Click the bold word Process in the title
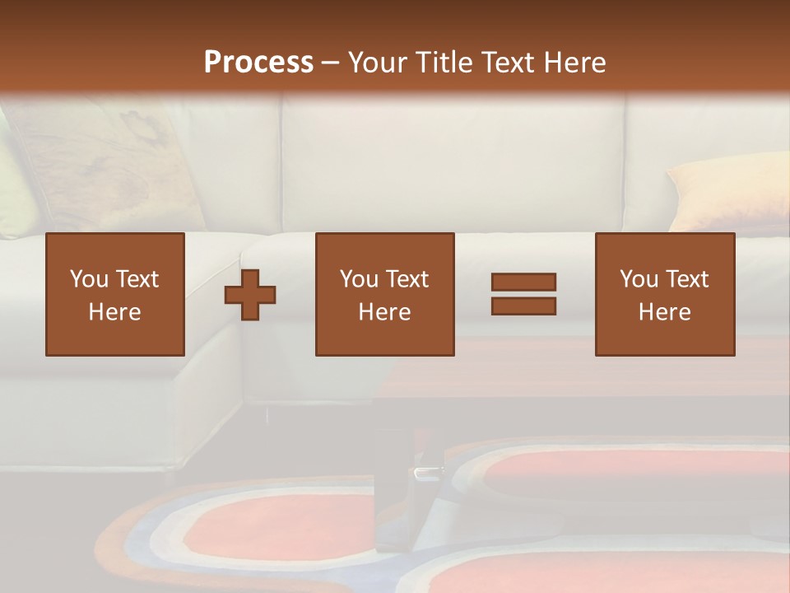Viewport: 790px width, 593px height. (x=258, y=63)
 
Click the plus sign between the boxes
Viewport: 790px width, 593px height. (x=250, y=294)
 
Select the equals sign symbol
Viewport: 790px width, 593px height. (x=523, y=294)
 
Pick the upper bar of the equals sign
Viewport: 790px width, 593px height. (x=523, y=282)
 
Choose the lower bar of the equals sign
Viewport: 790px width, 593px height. (x=523, y=306)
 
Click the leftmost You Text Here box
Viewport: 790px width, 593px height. (x=115, y=294)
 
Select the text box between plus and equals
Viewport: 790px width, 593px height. (x=385, y=294)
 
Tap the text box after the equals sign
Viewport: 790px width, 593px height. (x=665, y=294)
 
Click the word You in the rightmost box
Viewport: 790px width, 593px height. (x=639, y=279)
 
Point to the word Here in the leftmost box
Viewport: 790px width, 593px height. (x=114, y=312)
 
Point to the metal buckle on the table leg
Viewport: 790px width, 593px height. (x=428, y=471)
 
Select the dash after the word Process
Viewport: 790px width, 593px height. (x=331, y=63)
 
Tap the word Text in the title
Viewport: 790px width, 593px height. (x=506, y=63)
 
